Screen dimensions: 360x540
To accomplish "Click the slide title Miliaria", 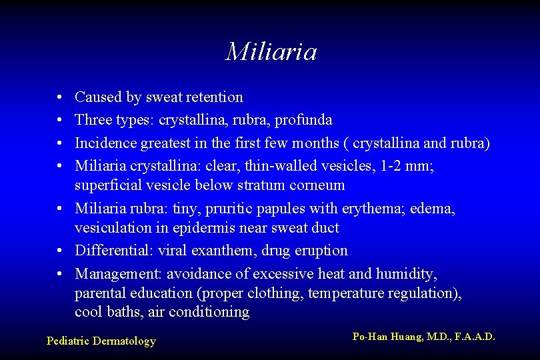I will [271, 51].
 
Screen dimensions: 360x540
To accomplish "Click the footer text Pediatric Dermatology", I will [101, 341].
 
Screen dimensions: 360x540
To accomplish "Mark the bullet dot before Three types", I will [61, 121].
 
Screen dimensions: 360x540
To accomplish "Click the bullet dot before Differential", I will [61, 251].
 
